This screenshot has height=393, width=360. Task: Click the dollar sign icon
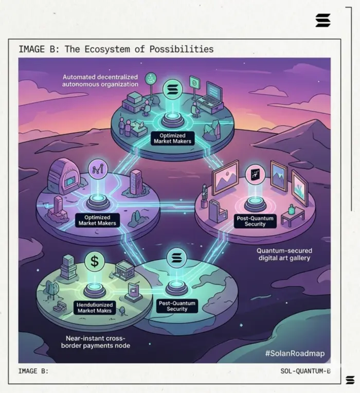click(95, 261)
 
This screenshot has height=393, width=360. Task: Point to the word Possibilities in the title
click(182, 49)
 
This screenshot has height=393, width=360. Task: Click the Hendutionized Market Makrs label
click(94, 308)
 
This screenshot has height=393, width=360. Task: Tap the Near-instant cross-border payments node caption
click(98, 342)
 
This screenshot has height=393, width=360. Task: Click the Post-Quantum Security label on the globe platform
click(177, 306)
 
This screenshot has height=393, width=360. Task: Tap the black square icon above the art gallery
click(255, 174)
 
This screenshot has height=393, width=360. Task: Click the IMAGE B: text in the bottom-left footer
click(33, 371)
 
